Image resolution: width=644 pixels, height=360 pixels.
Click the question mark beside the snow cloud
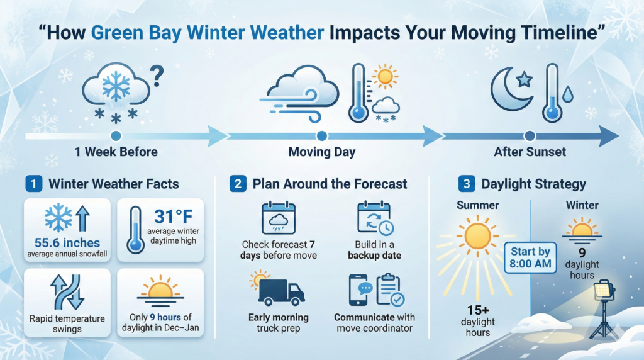(157, 76)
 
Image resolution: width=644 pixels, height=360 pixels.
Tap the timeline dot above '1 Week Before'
(116, 135)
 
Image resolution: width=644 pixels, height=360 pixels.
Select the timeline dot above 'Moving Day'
(322, 135)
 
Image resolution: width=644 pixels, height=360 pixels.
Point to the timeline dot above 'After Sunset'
(530, 135)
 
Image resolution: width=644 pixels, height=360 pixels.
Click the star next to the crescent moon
(525, 79)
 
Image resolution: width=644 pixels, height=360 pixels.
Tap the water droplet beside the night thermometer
(568, 94)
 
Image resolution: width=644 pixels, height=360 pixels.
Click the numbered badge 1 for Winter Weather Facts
(34, 184)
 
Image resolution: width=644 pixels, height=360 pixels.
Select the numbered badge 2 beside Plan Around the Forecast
(238, 184)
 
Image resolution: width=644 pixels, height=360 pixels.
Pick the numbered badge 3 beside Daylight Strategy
(467, 184)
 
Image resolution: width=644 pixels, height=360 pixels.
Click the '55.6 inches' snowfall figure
(67, 243)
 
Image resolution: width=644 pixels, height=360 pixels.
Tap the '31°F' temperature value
(174, 217)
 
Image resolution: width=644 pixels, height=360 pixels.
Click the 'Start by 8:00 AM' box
(530, 257)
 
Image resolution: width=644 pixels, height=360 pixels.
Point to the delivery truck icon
(281, 293)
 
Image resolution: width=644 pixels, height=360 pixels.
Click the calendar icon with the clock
(375, 218)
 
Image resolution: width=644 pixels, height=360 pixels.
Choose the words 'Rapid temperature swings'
(67, 324)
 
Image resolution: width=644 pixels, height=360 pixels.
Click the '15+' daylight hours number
(478, 310)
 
